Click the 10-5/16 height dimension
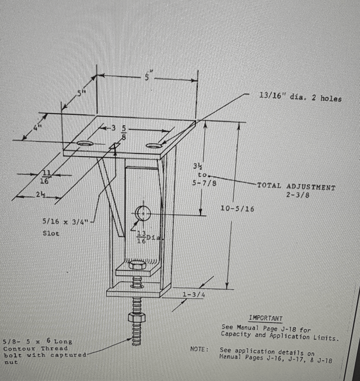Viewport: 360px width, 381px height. click(x=237, y=209)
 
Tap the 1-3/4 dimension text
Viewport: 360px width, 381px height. click(x=193, y=295)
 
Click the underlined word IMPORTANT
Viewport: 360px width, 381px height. click(x=266, y=318)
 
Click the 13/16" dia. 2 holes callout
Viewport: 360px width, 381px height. click(x=300, y=97)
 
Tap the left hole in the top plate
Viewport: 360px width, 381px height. click(x=85, y=144)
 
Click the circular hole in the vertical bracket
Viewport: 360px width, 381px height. click(x=143, y=213)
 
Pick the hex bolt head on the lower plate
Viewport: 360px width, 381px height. click(x=137, y=265)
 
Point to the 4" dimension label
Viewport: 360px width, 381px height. click(x=37, y=128)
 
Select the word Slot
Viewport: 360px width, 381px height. click(x=51, y=233)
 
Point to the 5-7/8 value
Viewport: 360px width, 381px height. click(x=204, y=183)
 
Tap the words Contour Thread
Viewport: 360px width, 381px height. click(x=36, y=348)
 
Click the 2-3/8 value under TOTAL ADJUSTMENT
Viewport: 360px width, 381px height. click(x=297, y=195)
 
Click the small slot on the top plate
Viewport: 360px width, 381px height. click(x=114, y=146)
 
